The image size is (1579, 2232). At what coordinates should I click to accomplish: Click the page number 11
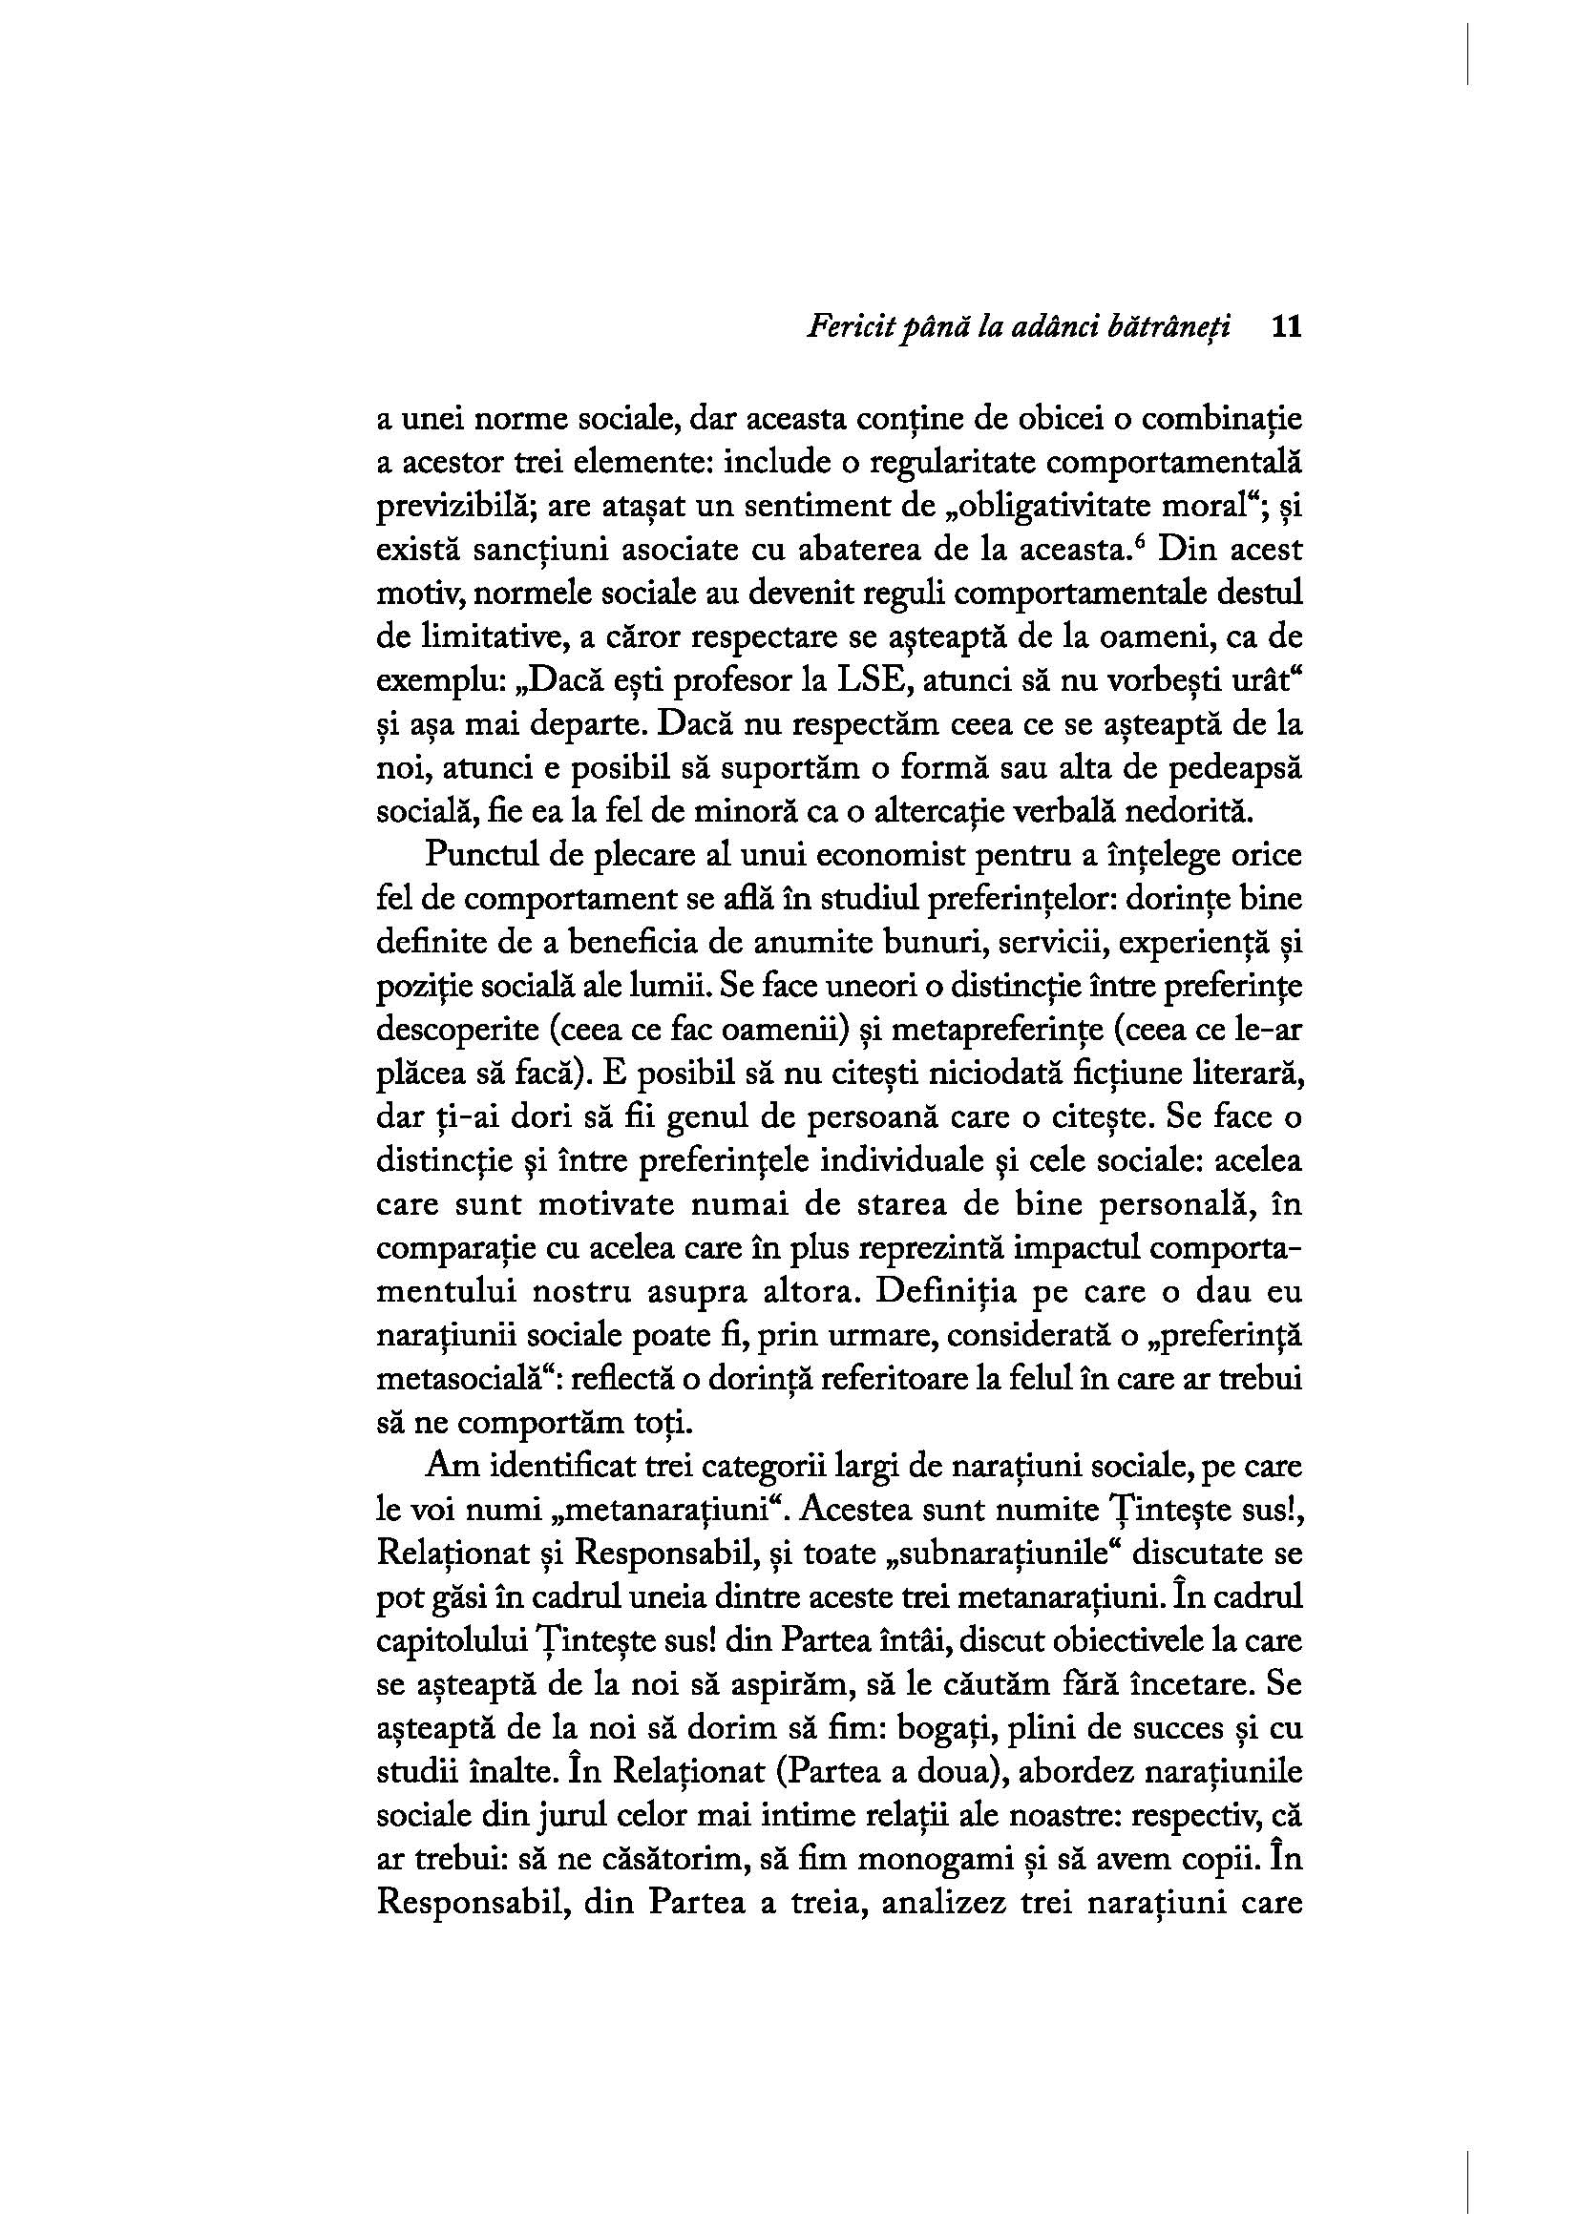[1285, 327]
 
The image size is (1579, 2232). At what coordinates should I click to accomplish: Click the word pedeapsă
[1229, 768]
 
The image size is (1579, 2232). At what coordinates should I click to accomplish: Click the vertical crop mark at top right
[1467, 54]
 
